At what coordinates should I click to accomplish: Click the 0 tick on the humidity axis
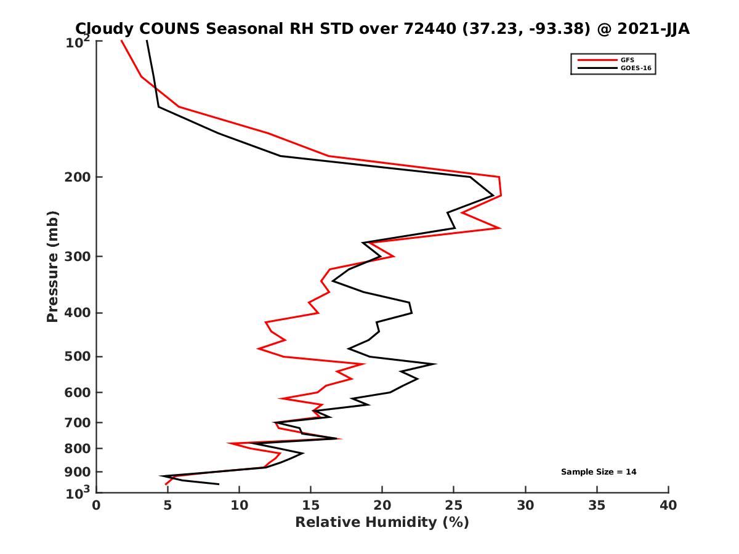[97, 505]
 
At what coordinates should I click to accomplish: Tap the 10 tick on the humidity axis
[240, 505]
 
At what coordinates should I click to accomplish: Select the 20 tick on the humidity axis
[382, 505]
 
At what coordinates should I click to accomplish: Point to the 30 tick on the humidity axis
[525, 505]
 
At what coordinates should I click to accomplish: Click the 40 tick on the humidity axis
[668, 505]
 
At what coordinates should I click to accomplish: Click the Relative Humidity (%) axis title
[382, 523]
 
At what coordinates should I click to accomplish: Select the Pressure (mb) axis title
[52, 266]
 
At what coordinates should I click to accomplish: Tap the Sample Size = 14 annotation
[598, 472]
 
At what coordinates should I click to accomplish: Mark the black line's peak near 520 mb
[436, 364]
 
